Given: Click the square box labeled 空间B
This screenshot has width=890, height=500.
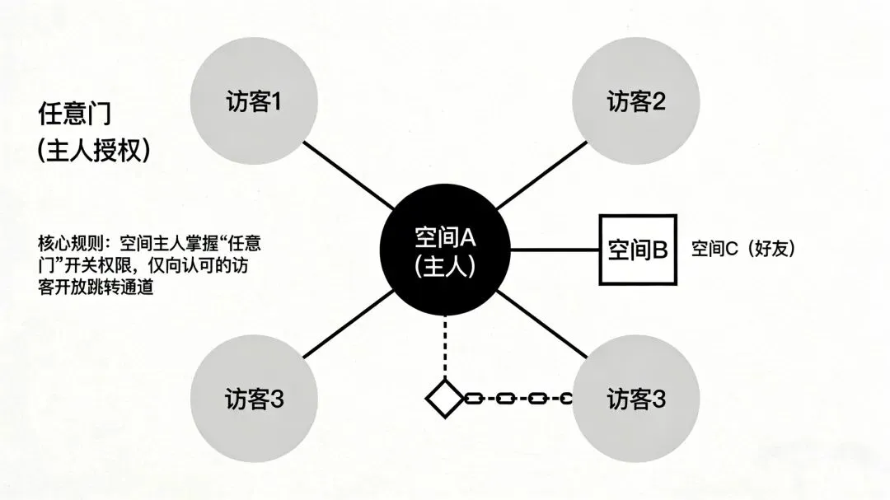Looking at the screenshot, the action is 636,250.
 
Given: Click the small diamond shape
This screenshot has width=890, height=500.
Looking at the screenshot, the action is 445,399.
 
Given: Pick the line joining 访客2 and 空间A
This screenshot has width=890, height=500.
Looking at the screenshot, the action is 539,175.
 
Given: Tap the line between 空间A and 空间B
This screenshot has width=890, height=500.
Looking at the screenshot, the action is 553,250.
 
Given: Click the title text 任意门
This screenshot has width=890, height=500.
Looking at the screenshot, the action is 74,114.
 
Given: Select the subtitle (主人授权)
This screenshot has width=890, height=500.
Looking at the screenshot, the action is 94,151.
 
